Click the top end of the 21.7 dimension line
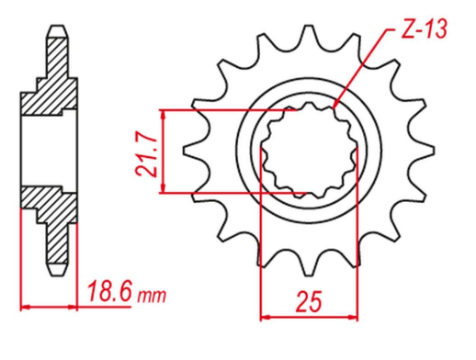[x=164, y=111]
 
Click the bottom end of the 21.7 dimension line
[x=164, y=193]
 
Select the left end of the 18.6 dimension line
[x=20, y=307]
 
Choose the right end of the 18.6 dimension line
[x=77, y=307]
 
